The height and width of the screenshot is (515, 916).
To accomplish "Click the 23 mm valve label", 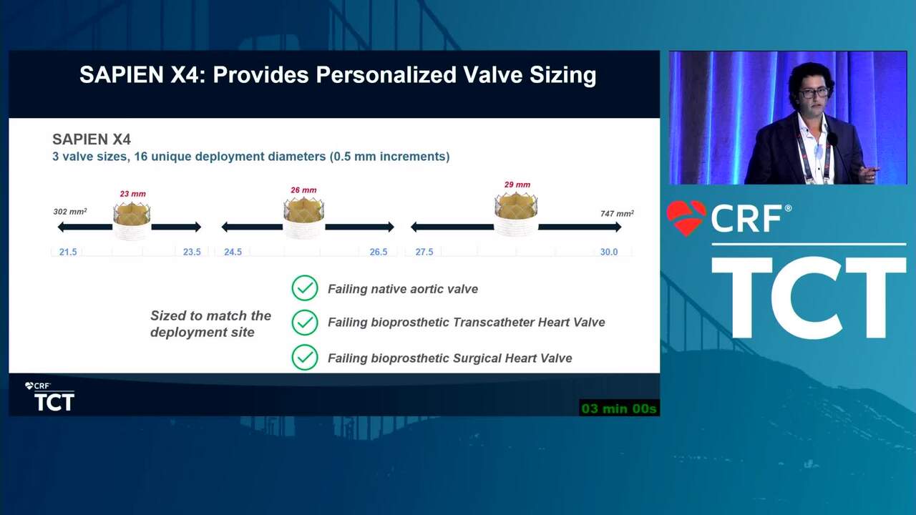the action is click(x=132, y=194).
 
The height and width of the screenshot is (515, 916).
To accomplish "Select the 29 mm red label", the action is click(x=517, y=185).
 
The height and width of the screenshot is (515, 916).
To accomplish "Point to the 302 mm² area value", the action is click(x=70, y=211).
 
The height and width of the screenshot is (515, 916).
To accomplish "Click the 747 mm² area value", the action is click(x=617, y=213).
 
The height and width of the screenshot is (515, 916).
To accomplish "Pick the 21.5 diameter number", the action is click(x=68, y=252).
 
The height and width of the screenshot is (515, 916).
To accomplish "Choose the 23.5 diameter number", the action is click(x=192, y=252).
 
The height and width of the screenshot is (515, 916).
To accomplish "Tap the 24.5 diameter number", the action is click(x=233, y=252).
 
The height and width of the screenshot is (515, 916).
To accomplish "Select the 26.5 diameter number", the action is click(x=379, y=252).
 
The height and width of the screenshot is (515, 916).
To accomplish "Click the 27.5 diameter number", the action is click(x=424, y=252).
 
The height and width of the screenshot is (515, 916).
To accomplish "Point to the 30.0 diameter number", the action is click(x=609, y=252).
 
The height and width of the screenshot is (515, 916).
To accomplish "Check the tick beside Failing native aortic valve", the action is click(x=305, y=288).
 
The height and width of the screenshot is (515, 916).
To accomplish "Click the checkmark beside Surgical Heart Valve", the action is click(x=305, y=357).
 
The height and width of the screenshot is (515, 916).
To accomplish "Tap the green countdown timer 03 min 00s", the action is click(x=619, y=408).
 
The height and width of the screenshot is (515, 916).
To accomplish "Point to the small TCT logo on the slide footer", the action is click(x=50, y=397).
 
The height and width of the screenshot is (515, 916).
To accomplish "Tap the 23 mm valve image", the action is click(x=132, y=220).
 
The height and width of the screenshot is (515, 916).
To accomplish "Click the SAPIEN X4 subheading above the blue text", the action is click(x=92, y=139).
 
